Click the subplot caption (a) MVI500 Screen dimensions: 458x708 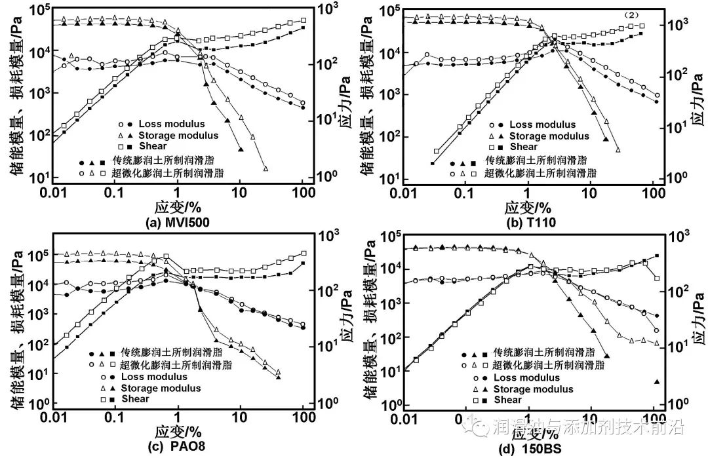[177, 222]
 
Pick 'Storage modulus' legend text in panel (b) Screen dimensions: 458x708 [549, 136]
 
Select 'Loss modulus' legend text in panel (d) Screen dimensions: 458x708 [526, 377]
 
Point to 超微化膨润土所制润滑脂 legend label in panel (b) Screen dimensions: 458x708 [541, 173]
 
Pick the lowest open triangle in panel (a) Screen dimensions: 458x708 [265, 168]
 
